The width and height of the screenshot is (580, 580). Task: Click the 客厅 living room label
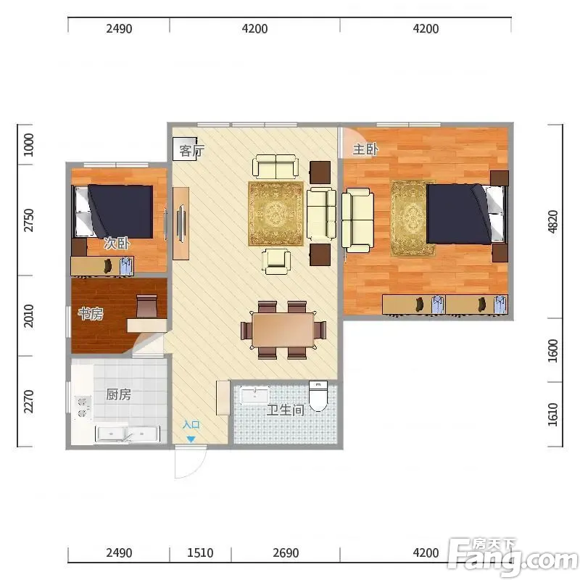pos(191,151)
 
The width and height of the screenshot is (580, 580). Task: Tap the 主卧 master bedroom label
pos(365,149)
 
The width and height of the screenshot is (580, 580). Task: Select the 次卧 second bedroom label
pos(117,243)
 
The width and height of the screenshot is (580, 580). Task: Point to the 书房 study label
pos(91,314)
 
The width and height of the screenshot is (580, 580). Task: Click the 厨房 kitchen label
pos(118,394)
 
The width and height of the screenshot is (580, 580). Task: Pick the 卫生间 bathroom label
pos(286,410)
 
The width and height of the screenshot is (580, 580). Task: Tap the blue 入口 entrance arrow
pos(191,439)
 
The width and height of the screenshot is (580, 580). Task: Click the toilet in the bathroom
pos(318,396)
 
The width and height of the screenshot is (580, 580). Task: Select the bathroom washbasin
pos(255,395)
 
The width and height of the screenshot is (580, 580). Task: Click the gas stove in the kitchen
pos(83,407)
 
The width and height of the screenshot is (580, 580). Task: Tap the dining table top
pos(283,331)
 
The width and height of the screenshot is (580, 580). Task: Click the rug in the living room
pos(276,213)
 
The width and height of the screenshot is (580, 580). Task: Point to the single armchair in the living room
pos(276,262)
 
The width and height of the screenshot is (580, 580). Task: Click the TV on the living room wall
pos(181,223)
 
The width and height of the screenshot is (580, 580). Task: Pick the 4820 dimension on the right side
pos(552,221)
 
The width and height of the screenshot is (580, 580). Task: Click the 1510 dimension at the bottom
pos(200,552)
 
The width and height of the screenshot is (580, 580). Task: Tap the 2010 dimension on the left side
pos(28,316)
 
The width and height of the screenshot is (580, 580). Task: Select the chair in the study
pos(146,306)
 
